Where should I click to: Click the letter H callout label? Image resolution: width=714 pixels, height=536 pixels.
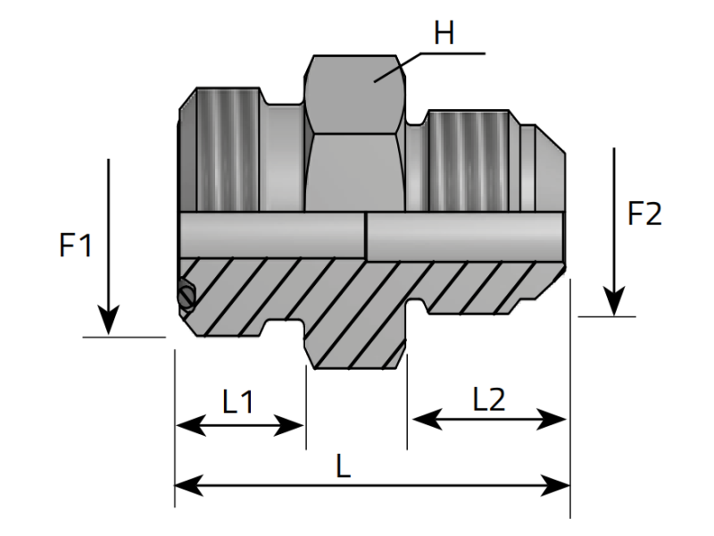coord(444,34)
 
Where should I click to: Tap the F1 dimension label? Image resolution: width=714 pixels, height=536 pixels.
coord(76,246)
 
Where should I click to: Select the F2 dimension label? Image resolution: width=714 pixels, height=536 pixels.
coord(645,214)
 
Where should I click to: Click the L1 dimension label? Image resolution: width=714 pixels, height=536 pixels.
coord(238,402)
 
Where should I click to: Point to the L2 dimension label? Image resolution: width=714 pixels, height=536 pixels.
coord(488,398)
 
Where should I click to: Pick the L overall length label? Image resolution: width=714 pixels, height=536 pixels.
coord(343,465)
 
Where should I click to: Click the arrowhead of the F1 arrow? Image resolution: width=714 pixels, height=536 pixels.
coord(108,322)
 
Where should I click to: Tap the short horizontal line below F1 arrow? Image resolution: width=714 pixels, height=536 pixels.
coord(124,337)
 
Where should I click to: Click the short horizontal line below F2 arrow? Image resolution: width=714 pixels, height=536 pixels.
coord(607,316)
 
